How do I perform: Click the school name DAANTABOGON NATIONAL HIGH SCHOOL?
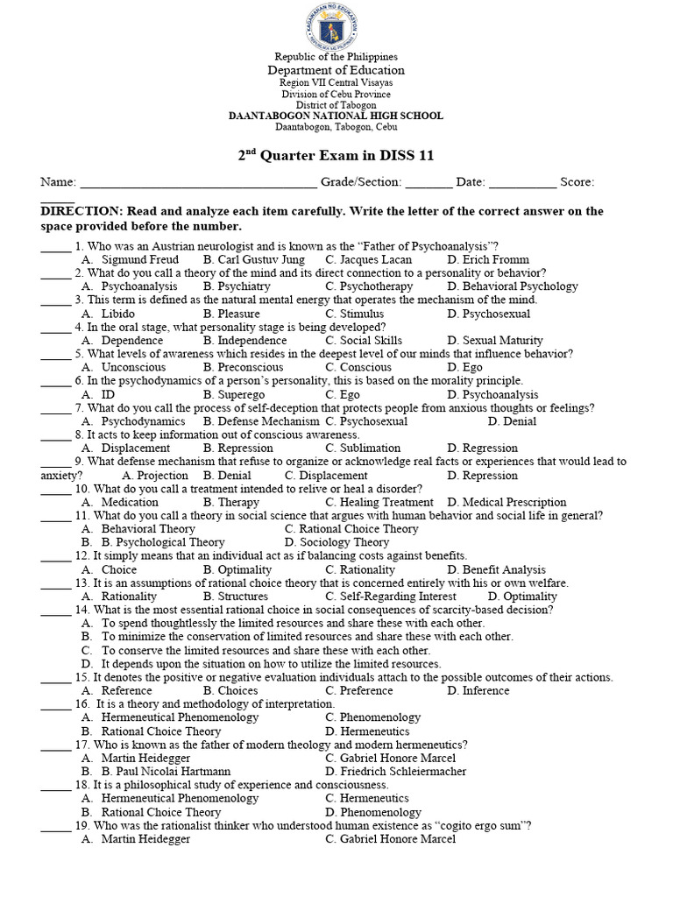(x=336, y=116)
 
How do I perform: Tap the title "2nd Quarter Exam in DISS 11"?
(x=336, y=156)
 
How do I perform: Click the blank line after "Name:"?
(x=198, y=183)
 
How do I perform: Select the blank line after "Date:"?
(x=521, y=183)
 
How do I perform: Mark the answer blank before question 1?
(x=55, y=246)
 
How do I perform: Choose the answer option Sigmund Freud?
(x=140, y=259)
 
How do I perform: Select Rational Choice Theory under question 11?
(x=359, y=528)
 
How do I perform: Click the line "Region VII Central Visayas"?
(x=336, y=82)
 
